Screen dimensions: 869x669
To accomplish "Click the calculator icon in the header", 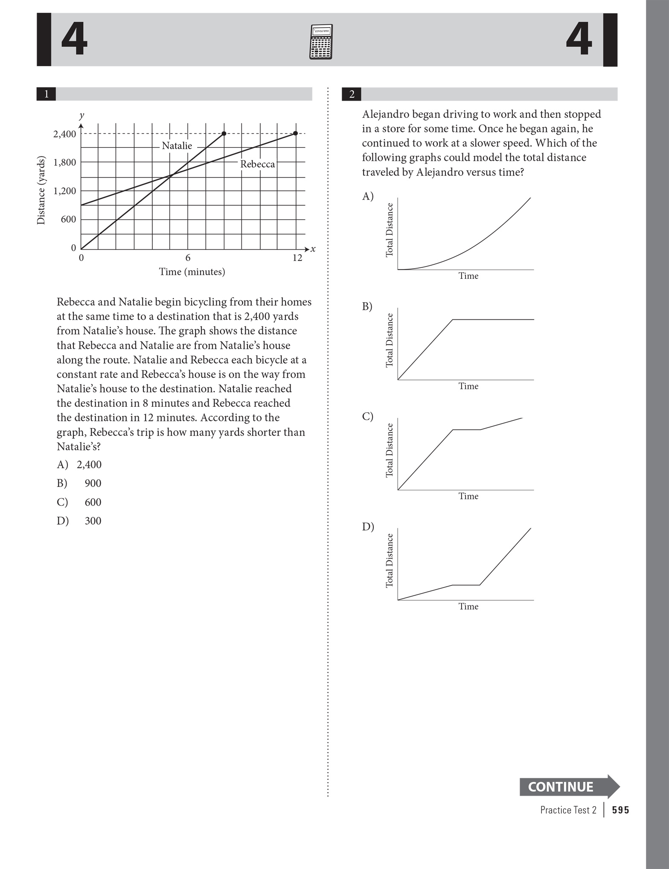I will click(x=321, y=42).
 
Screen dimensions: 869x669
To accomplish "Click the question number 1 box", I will click(x=46, y=94).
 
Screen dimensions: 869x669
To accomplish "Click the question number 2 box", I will click(x=352, y=94).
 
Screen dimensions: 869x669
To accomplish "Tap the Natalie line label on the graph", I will click(x=177, y=146).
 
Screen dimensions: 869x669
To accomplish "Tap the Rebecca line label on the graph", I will click(x=257, y=164).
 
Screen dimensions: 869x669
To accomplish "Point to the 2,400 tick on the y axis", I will click(x=64, y=134).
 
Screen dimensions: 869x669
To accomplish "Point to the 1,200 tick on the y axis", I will click(x=64, y=191).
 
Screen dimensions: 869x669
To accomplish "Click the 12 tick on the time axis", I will click(x=297, y=258).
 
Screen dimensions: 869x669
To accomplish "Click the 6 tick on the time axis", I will click(x=188, y=258).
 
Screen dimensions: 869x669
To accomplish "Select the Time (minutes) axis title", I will click(x=192, y=272).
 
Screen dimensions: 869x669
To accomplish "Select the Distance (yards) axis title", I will click(x=41, y=190).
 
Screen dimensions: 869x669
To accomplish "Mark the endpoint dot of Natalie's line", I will click(x=224, y=133).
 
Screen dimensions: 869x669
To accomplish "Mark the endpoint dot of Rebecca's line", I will click(x=295, y=133).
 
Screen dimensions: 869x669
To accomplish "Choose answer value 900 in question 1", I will click(x=93, y=483).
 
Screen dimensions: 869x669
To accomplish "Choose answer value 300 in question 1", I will click(x=93, y=521).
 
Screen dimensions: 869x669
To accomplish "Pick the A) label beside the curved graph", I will click(x=367, y=196).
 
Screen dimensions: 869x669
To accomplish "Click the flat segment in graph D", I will click(x=466, y=585).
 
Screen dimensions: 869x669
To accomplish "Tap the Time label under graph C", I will click(x=468, y=496).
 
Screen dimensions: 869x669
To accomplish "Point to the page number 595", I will click(x=620, y=810).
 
